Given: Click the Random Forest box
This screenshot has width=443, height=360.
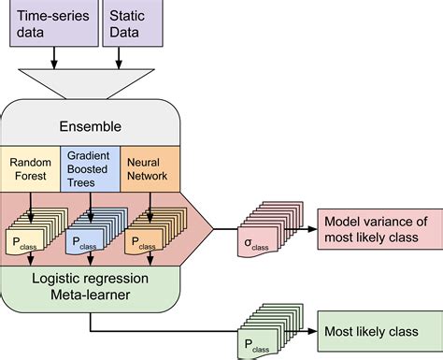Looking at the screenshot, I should [x=30, y=169].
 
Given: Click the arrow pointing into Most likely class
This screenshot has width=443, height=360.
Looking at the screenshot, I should [x=304, y=330].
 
